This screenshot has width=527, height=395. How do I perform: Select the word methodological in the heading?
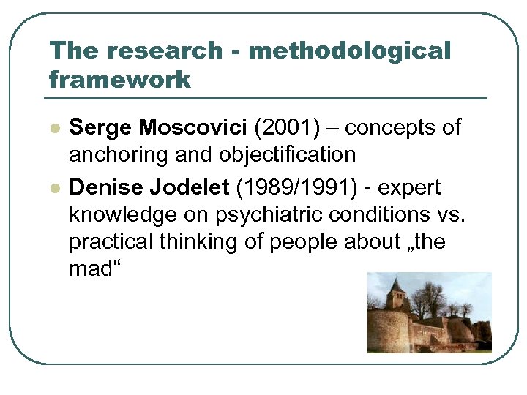(x=349, y=50)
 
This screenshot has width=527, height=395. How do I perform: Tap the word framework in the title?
(x=119, y=79)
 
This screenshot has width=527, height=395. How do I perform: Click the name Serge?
(x=101, y=127)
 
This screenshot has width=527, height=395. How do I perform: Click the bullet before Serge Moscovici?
(x=53, y=127)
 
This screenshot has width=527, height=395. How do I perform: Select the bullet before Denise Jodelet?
(x=53, y=188)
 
